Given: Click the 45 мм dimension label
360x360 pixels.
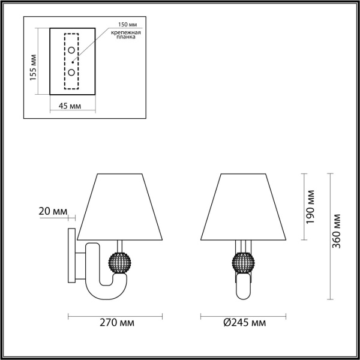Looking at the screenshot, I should point(71,106).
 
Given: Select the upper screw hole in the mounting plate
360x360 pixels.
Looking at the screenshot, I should point(72,50).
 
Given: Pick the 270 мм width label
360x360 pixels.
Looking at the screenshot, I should point(117,323).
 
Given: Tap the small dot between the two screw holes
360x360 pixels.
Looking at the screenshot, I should point(72,61).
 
